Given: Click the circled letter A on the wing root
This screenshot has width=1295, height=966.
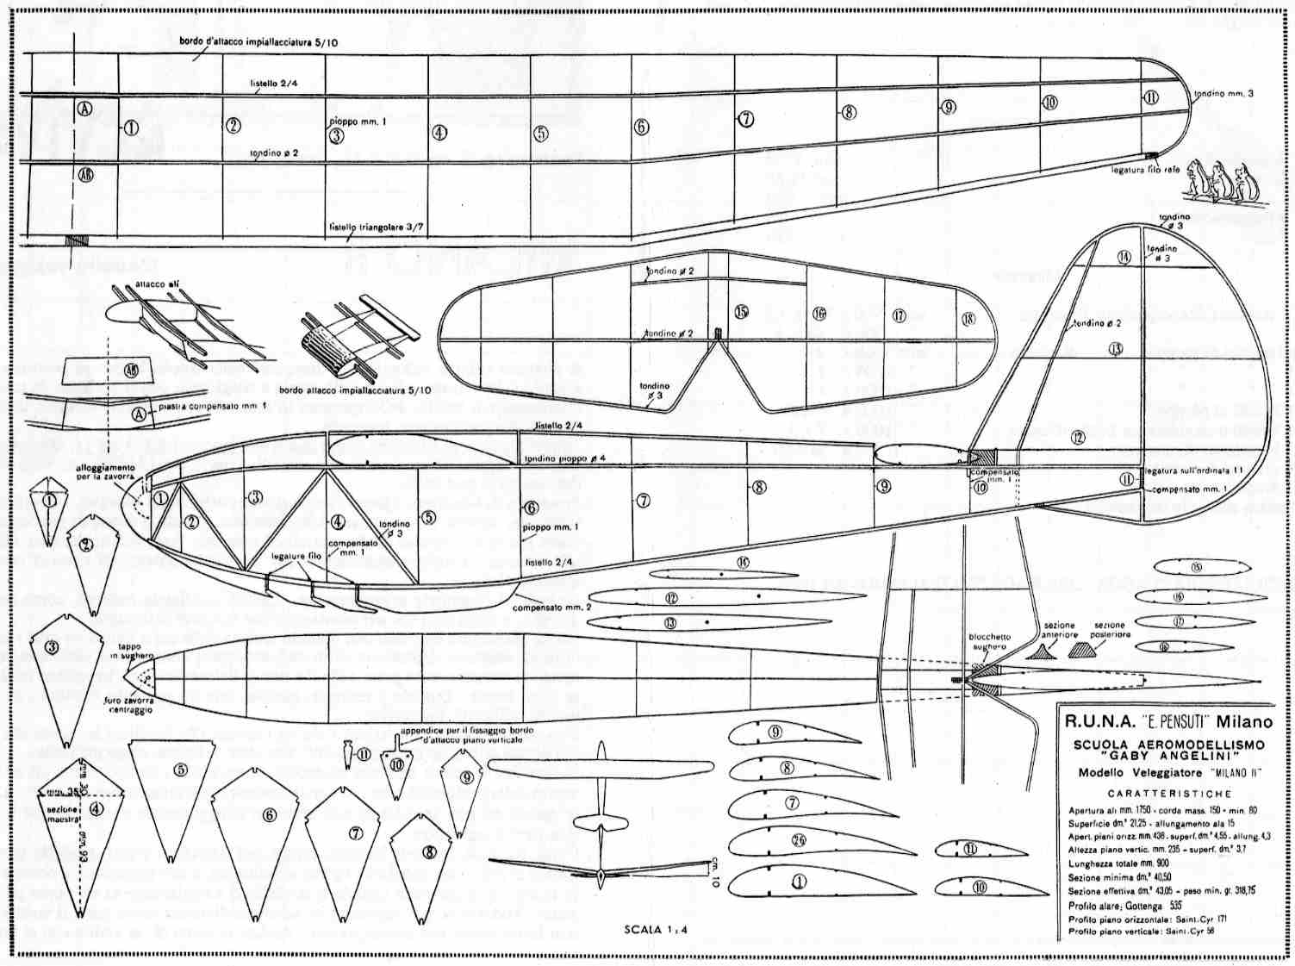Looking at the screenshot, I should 84,109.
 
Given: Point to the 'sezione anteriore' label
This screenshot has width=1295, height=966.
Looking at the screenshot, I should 1059,630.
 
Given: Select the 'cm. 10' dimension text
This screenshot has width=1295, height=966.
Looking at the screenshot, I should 714,865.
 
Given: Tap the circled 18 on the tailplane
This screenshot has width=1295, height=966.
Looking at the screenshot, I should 968,319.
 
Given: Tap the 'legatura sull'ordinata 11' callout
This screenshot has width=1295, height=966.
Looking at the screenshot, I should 1193,471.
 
